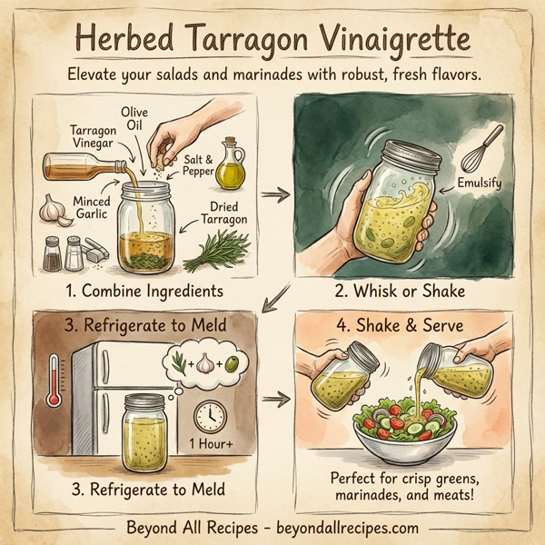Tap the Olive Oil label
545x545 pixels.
[x=135, y=118]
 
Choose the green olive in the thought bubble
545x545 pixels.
[x=233, y=362]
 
